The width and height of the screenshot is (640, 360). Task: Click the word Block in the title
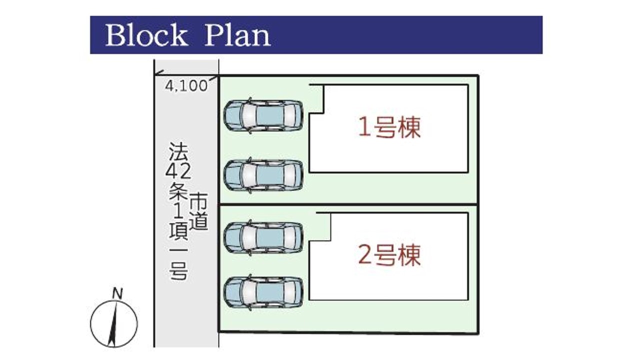[x=146, y=35]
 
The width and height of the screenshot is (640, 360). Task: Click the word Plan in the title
[x=237, y=35]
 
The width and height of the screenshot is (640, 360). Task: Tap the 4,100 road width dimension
[x=186, y=85]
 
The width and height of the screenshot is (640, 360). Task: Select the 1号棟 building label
[x=389, y=127]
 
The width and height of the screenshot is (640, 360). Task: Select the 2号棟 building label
[x=389, y=255]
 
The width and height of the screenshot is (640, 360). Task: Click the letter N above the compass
[x=117, y=293]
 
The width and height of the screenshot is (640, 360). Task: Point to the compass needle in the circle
[x=113, y=325]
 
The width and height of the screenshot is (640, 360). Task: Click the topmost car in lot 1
[x=263, y=115]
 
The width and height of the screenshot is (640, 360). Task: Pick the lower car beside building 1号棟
[x=263, y=175]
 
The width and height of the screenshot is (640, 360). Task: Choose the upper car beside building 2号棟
[x=263, y=237]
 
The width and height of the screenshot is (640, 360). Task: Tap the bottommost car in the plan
[x=263, y=292]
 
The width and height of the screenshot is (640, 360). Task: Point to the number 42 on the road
[x=178, y=171]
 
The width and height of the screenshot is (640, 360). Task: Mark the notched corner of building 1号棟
[x=323, y=113]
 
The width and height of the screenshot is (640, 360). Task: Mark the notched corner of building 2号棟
[x=330, y=241]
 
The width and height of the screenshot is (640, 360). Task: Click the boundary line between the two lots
[x=348, y=204]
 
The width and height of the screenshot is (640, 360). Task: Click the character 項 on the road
[x=178, y=231]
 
